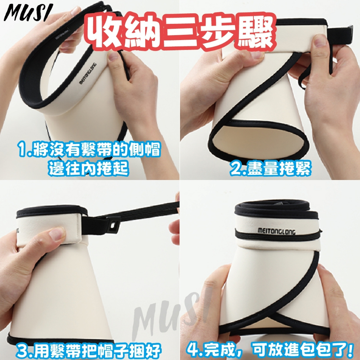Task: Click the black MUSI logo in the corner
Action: coord(28,13)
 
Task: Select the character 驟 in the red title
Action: coord(255,32)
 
